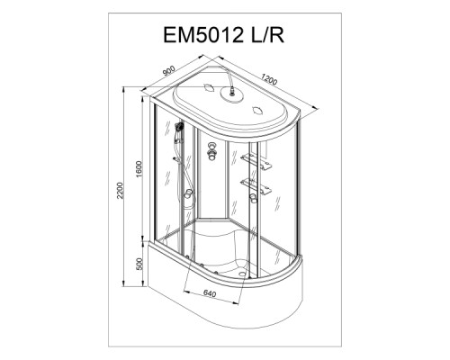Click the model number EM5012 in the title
click(203, 35)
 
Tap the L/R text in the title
click(267, 35)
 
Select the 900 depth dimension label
click(168, 71)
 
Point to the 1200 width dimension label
click(269, 79)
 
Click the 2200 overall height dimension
click(121, 190)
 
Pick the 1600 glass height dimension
click(139, 169)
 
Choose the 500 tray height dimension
click(139, 264)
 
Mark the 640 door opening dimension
click(210, 294)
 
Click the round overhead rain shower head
click(231, 94)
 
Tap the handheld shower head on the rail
click(179, 127)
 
